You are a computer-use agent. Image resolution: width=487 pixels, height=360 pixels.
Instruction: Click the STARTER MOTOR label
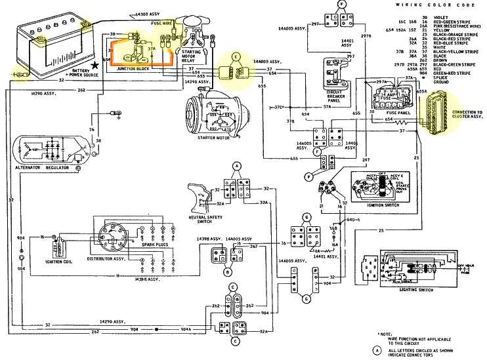coord(207,138)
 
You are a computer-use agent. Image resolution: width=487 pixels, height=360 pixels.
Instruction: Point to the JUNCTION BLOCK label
coord(131,68)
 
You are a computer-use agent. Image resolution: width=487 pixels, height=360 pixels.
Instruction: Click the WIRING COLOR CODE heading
coord(427,5)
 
